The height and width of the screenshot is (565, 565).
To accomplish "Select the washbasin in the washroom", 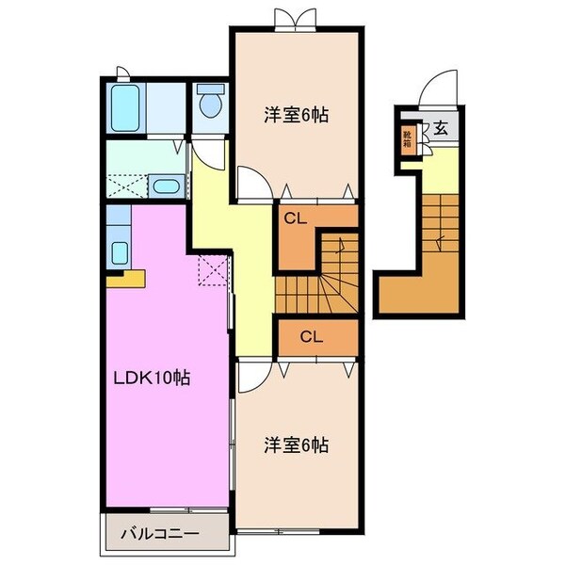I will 167,186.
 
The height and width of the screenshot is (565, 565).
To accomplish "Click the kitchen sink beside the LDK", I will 120,251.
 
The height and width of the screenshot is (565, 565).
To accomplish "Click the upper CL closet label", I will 296,218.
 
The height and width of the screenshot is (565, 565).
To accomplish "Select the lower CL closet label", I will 315,335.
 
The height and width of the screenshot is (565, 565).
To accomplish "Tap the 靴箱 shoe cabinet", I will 408,140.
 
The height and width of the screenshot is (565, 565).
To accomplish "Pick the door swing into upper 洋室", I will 250,183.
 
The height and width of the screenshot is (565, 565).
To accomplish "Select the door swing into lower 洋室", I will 250,377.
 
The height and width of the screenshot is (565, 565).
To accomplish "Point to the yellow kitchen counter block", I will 125,277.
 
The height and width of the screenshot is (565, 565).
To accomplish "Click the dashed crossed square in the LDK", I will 214,272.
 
